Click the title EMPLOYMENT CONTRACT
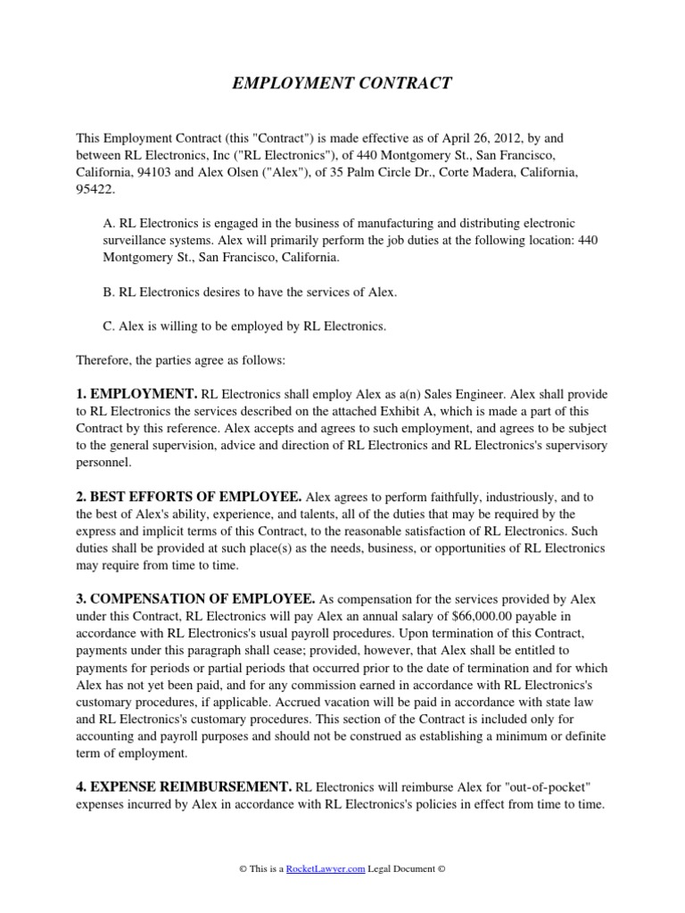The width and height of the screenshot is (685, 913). [x=342, y=84]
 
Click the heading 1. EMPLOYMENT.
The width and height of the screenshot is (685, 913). [x=136, y=393]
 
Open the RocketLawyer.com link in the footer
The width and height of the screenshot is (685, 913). [x=326, y=869]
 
